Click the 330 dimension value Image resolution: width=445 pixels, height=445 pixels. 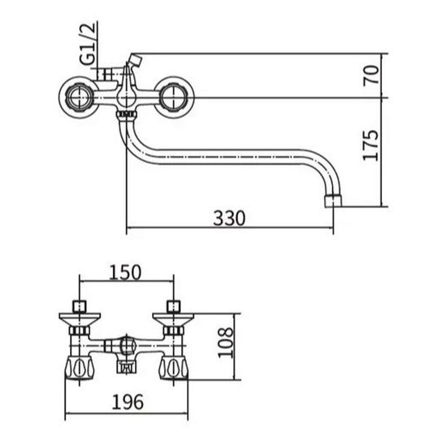229,218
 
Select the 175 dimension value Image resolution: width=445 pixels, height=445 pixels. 371,145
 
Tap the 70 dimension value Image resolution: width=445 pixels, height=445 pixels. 371,75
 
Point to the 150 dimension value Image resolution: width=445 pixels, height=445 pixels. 125,272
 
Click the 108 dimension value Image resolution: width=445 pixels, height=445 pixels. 226,343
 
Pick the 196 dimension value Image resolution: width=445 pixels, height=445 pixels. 127,402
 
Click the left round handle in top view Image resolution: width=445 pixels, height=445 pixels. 79,97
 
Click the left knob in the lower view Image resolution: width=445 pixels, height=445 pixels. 79,368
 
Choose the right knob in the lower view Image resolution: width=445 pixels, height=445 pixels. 174,368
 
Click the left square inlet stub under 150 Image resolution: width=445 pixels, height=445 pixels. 79,306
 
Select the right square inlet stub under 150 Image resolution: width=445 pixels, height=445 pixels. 173,306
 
